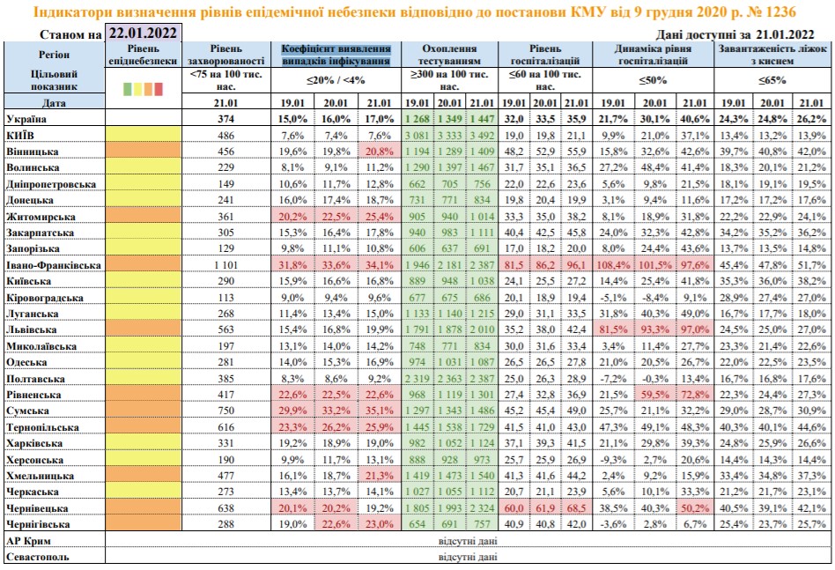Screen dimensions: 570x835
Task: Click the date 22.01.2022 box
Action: click(x=143, y=33)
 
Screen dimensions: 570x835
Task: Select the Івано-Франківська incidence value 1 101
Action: click(x=227, y=265)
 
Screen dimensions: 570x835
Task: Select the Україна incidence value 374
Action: click(x=227, y=119)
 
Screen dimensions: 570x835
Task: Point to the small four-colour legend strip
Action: click(x=144, y=88)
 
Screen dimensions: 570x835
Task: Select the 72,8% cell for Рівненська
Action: click(x=691, y=394)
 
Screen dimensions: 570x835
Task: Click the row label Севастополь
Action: click(x=38, y=557)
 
